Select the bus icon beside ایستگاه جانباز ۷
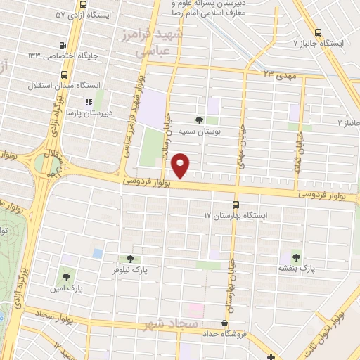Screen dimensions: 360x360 [319, 32]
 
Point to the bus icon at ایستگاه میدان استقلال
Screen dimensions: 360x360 [65, 74]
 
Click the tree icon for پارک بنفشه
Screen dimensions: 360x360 [295, 257]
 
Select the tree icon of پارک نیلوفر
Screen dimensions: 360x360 [129, 259]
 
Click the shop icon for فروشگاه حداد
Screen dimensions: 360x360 [224, 323]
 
